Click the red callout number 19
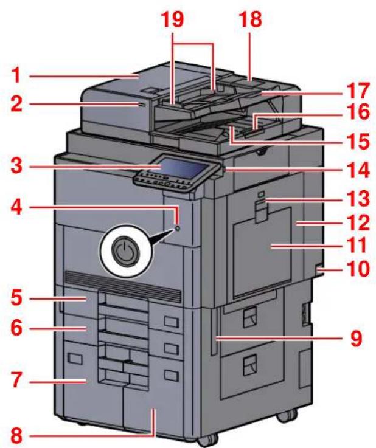173,19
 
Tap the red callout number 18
251,19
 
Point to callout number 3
16,166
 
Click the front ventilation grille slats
123,286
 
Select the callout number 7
16,380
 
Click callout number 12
357,222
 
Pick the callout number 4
16,208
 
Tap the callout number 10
357,269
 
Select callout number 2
16,104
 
